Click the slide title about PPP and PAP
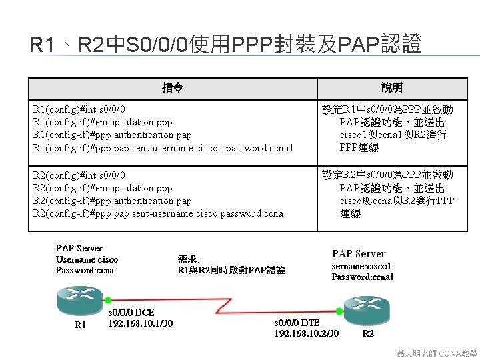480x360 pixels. pos(226,45)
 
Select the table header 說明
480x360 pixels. pos(392,88)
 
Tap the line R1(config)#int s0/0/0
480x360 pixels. pos(79,109)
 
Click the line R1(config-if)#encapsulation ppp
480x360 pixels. pos(103,122)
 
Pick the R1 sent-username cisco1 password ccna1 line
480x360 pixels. pos(163,148)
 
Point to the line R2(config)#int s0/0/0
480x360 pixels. pos(79,175)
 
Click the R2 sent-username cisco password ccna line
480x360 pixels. pos(158,213)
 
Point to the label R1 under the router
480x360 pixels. pos(81,325)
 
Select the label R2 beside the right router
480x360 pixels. pos(368,333)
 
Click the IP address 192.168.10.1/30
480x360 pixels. pos(141,323)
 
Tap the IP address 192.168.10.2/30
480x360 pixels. pos(307,333)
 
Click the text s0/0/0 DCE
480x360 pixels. pos(131,312)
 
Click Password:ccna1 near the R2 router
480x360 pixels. pos(363,277)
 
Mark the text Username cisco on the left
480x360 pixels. pos(87,259)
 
